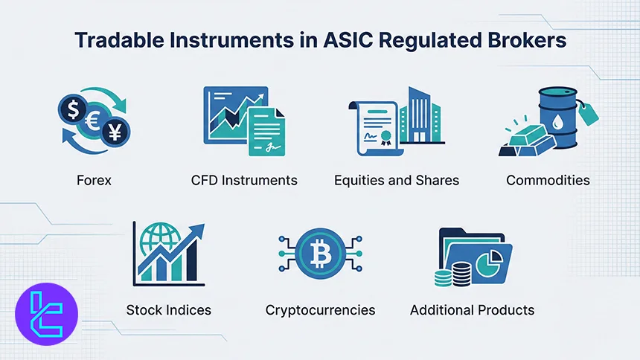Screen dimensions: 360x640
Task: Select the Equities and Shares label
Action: tap(396, 181)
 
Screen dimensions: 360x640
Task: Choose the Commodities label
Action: tap(548, 181)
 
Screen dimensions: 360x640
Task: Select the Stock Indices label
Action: tap(168, 309)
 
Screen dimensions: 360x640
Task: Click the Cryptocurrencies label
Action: tap(320, 309)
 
